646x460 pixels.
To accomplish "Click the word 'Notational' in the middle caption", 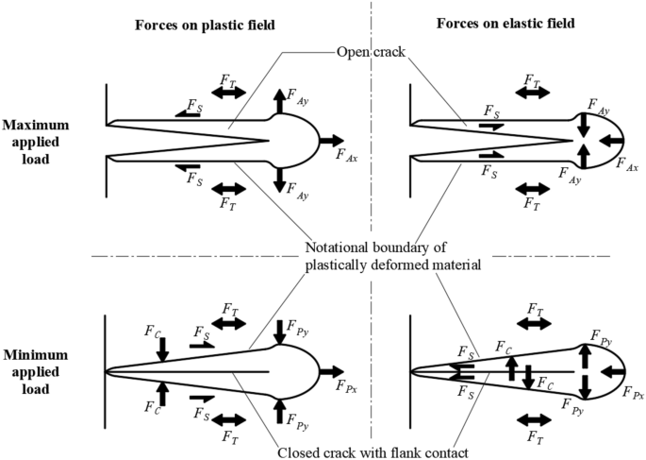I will point(339,248).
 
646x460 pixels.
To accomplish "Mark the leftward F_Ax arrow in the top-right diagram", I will point(610,140).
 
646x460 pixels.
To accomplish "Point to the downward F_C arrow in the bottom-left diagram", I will point(163,349).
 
